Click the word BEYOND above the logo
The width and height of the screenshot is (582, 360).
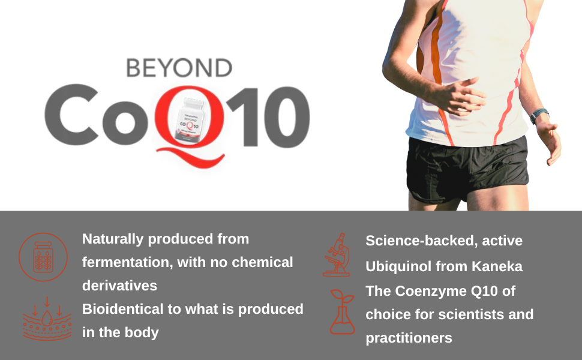click(179, 68)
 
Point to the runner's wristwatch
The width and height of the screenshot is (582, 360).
click(538, 115)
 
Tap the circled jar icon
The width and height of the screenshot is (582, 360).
click(43, 257)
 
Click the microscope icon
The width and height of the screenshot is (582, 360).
click(337, 254)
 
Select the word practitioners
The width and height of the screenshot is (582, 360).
click(409, 338)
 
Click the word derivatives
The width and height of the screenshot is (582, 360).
click(119, 285)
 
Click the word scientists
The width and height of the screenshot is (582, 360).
click(474, 314)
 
